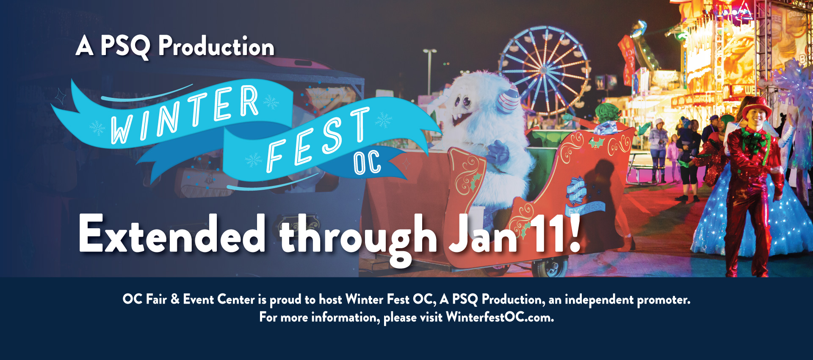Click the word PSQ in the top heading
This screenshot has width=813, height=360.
[x=125, y=46]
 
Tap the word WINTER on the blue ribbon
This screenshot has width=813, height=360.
[x=184, y=114]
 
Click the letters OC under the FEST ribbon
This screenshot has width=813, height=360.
[x=367, y=163]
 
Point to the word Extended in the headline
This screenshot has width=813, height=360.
[x=172, y=234]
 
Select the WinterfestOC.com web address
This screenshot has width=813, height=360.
[x=500, y=317]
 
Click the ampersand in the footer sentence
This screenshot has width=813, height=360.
[x=175, y=299]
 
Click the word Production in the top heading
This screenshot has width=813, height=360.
[x=216, y=46]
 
